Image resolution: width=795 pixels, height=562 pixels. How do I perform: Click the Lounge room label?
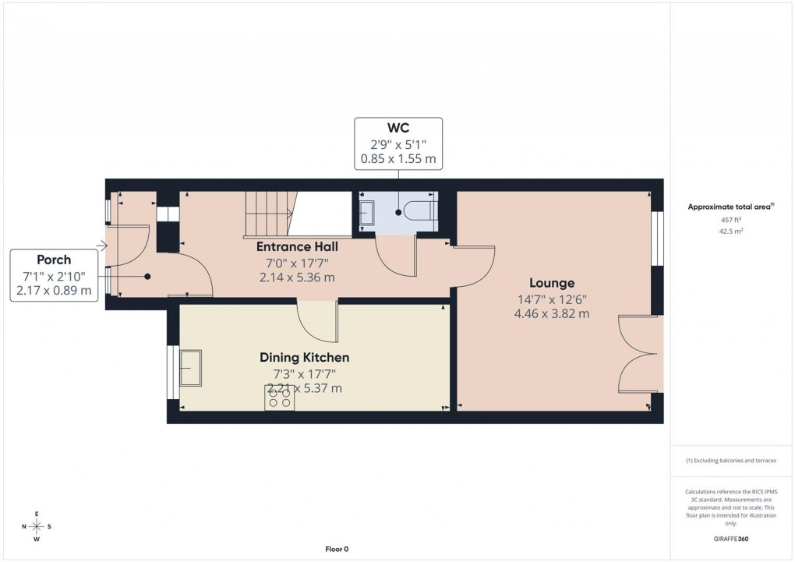coord(552,283)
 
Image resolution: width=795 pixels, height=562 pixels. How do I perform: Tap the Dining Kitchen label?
coord(304,358)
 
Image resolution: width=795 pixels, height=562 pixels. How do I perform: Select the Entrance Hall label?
coord(297,247)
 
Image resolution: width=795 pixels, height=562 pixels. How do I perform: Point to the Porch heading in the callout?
coord(54,260)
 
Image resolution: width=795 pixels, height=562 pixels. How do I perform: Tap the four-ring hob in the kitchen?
coord(280,398)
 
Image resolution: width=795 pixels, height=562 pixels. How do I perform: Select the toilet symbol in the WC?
coord(420,210)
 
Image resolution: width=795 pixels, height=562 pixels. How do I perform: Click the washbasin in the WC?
coord(367,212)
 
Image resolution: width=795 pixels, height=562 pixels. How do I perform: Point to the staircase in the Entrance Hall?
coord(268,214)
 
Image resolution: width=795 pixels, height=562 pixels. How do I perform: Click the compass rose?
coord(37,527)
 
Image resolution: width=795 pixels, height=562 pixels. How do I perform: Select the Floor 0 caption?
coord(337,549)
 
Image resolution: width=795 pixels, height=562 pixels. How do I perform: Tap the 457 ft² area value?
coord(730,220)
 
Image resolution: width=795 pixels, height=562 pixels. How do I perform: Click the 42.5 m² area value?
coord(730,231)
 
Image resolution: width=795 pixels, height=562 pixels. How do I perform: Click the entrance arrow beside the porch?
coord(101,246)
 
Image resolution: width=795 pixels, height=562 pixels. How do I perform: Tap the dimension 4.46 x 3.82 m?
coord(551,313)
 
